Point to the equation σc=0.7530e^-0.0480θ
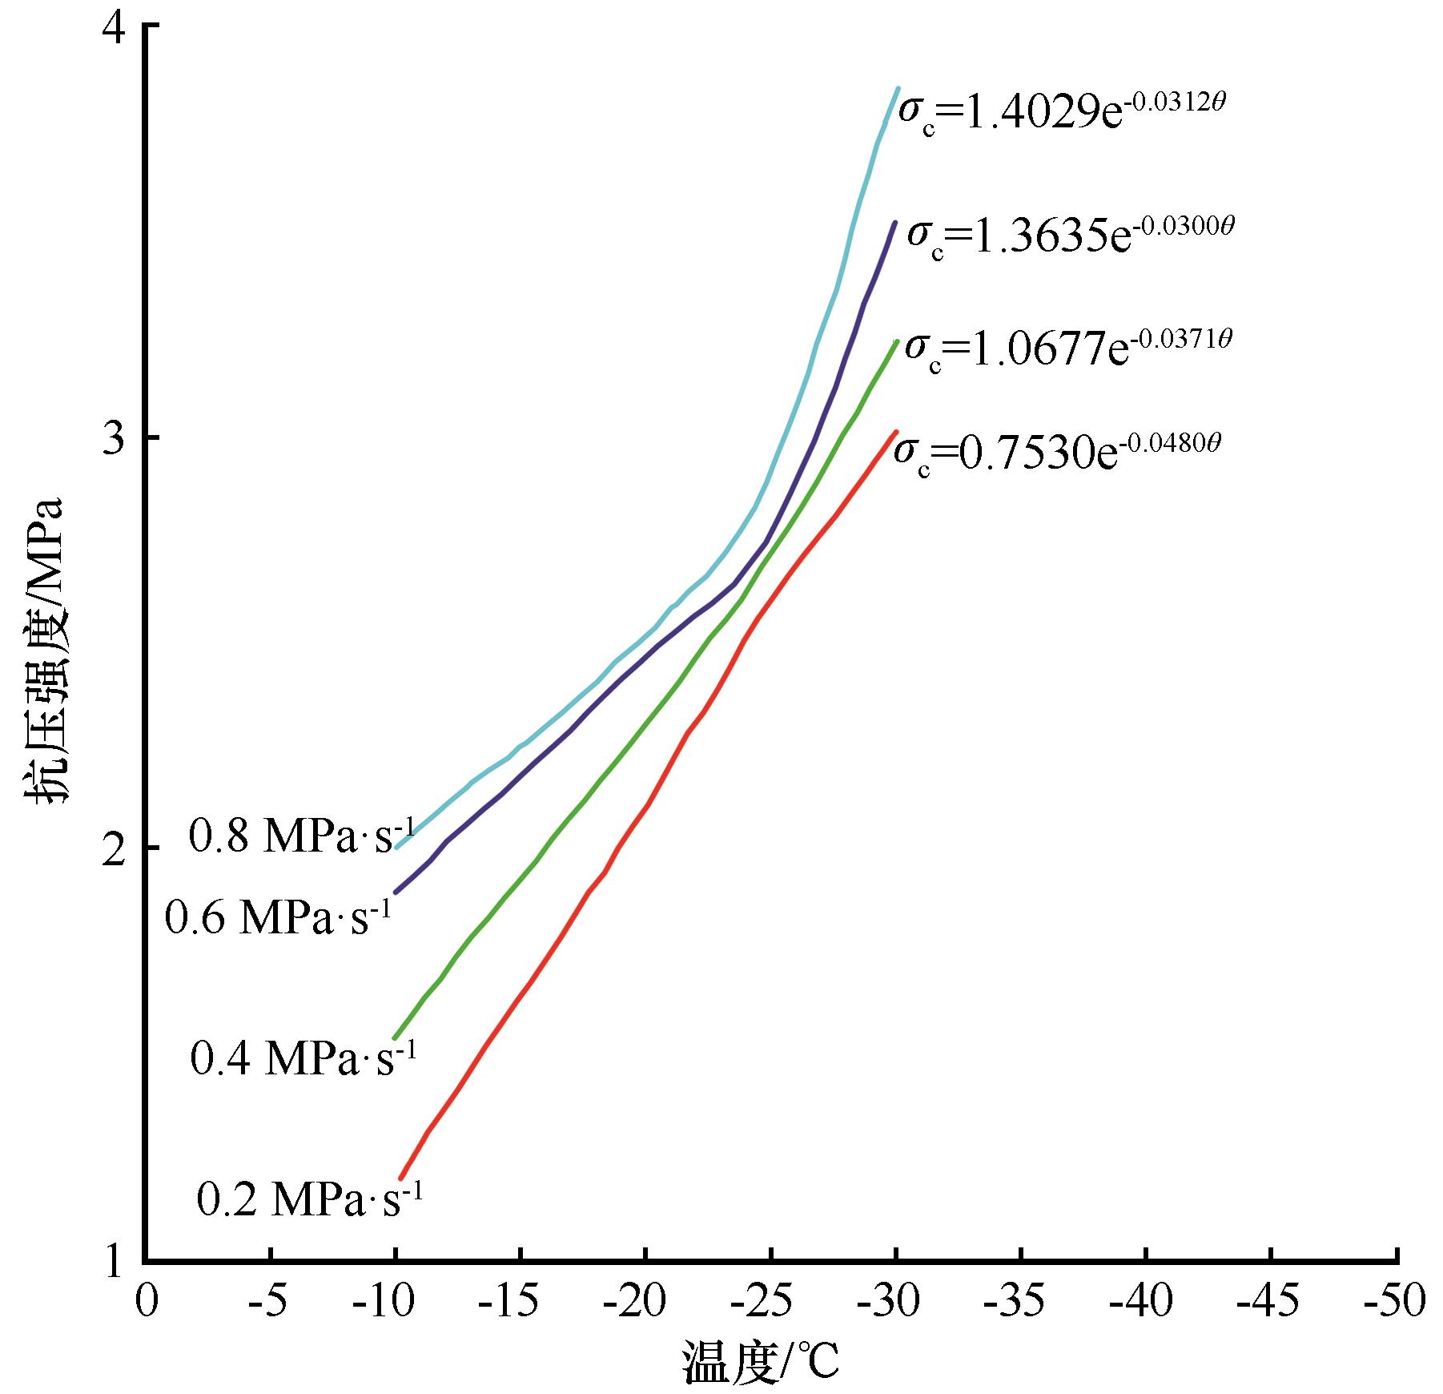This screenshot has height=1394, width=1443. coord(1057,452)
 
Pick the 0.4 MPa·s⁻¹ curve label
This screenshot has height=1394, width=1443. coord(303,1058)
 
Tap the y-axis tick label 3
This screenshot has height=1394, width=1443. coord(115,437)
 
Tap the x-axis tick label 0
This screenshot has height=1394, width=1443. coord(147,1303)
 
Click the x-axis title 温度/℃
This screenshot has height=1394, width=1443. coord(761,1363)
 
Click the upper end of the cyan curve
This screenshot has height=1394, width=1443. coord(897,88)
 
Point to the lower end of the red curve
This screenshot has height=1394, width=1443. coord(400,1178)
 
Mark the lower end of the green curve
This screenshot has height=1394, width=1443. coord(394,1038)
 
